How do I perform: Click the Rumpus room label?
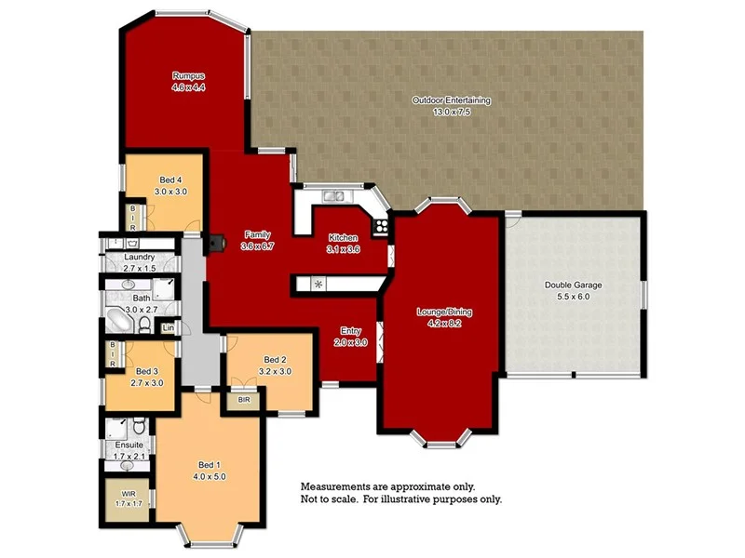(187, 76)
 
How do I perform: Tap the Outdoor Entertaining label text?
(452, 100)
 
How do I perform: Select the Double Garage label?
(573, 285)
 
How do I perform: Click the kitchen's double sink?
(334, 196)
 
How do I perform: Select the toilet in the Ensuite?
(136, 427)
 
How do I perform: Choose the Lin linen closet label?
(169, 328)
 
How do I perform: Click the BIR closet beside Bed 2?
(244, 400)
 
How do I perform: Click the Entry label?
(351, 331)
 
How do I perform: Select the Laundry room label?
(138, 258)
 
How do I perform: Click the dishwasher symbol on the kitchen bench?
(318, 284)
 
